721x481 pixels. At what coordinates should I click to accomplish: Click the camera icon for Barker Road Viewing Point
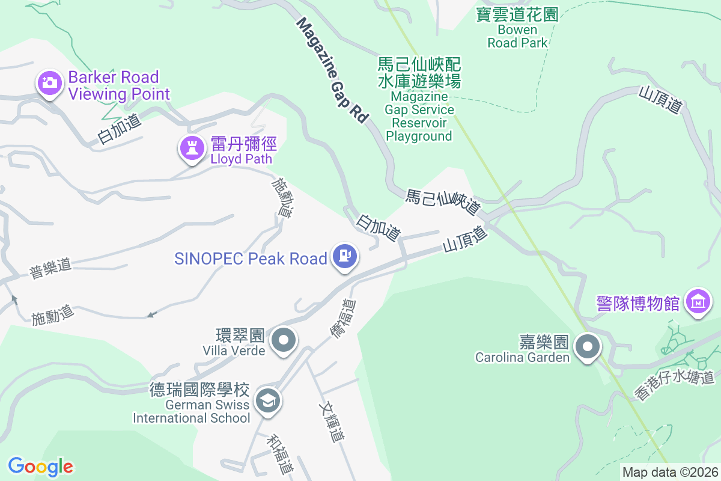coord(50,82)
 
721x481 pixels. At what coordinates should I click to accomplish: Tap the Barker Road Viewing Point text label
coord(119,85)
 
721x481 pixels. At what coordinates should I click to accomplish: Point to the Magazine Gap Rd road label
coord(332,70)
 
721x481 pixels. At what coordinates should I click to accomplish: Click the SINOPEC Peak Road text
coord(251,259)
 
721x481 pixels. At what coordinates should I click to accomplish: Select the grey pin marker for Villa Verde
coord(284,341)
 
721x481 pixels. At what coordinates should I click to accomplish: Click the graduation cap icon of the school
coord(267,400)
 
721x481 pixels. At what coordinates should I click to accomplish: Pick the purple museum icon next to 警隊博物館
coord(698,301)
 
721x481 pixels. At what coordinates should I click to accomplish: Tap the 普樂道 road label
coord(50,268)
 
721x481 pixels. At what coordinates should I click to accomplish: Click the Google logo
coord(40,466)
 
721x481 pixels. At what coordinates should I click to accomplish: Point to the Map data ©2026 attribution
coord(670,472)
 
